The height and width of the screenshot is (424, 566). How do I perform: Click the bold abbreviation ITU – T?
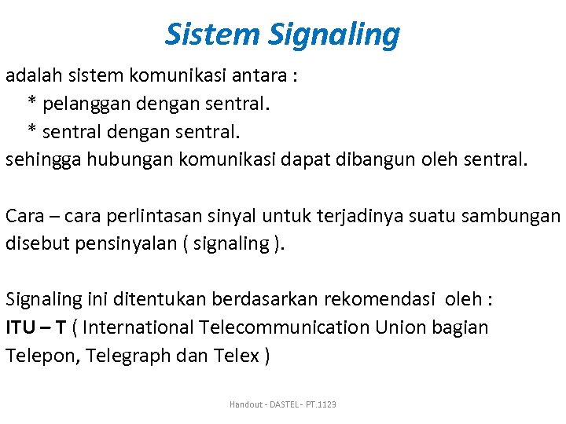click(x=35, y=327)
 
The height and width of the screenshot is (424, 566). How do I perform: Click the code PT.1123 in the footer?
click(x=322, y=404)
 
